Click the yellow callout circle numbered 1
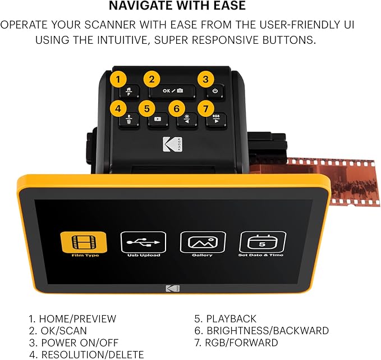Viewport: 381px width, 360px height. click(x=118, y=79)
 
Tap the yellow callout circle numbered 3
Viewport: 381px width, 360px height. click(x=206, y=79)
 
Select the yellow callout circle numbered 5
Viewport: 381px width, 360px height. click(x=146, y=107)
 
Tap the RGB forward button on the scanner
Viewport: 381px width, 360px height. click(x=216, y=120)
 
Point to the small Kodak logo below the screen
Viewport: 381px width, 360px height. click(x=171, y=289)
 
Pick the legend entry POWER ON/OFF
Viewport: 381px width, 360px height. click(x=79, y=343)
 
